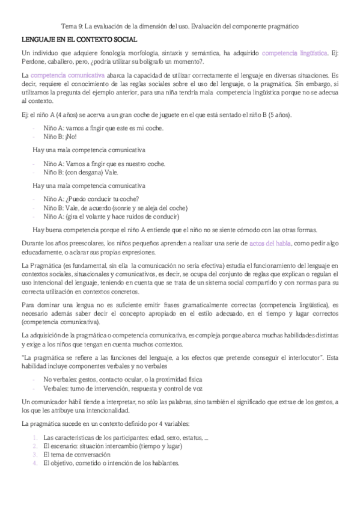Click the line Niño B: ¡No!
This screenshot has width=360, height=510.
[x=57, y=137]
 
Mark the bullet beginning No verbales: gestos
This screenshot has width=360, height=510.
[x=123, y=379]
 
